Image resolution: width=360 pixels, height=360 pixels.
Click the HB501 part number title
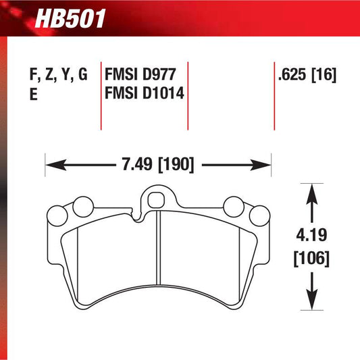click(72, 19)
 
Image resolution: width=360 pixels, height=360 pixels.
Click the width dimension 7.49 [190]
click(157, 164)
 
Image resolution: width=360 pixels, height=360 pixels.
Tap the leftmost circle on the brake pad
click(56, 216)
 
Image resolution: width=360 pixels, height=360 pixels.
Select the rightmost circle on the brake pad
click(259, 216)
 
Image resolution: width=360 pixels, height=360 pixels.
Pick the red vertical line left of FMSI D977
click(101, 95)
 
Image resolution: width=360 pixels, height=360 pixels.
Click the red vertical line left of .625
click(274, 95)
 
